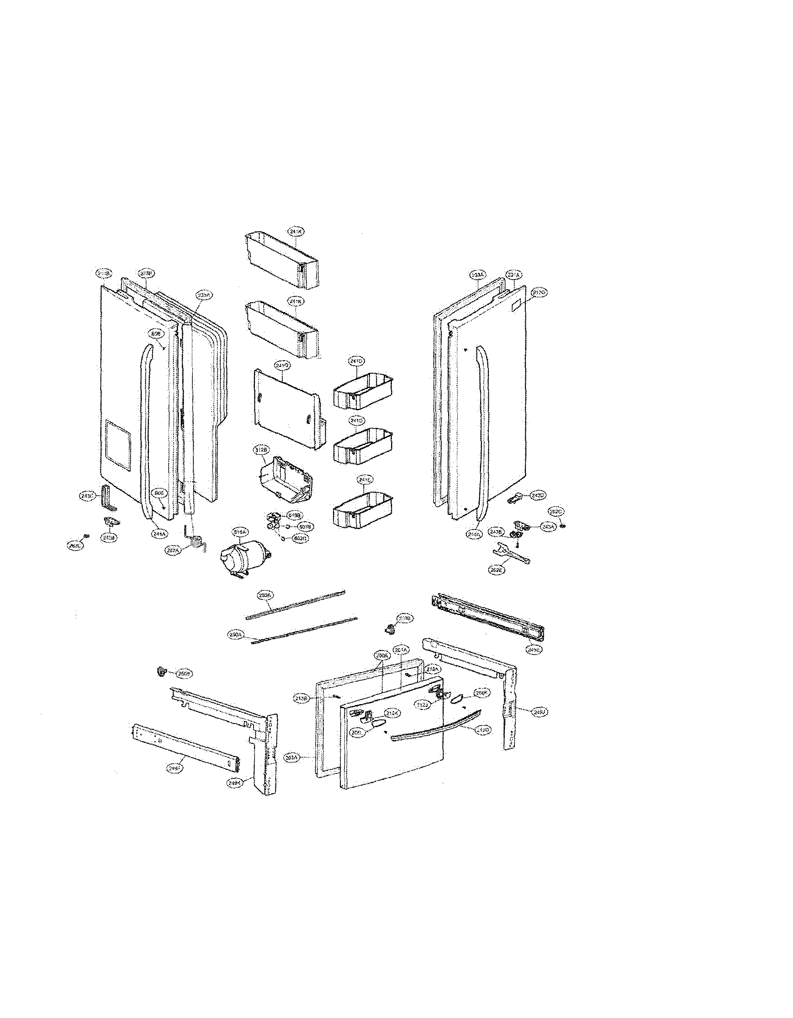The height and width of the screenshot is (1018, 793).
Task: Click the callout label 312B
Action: point(261,450)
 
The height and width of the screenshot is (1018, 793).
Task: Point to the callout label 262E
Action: point(497,570)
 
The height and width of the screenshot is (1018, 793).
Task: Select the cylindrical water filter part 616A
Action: point(244,559)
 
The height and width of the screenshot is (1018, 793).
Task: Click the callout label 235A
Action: point(203,295)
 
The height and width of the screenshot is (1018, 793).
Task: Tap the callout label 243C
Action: point(87,497)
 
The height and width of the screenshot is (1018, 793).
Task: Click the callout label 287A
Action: point(173,550)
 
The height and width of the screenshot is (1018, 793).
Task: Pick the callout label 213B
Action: point(300,699)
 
